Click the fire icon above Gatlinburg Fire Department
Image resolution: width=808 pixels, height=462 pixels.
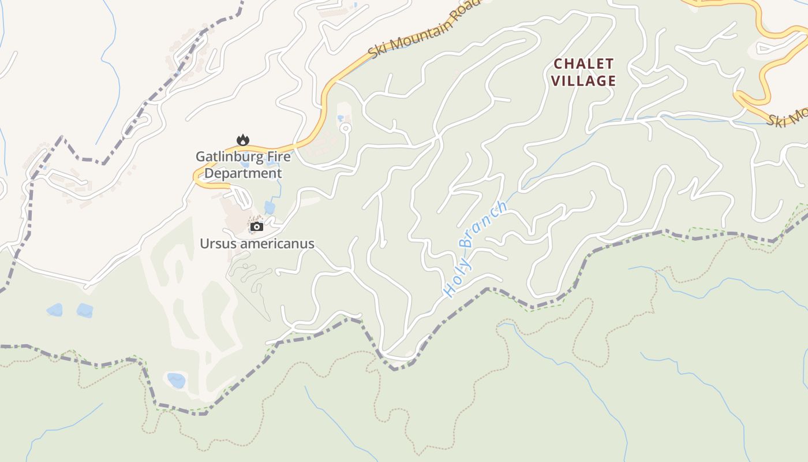(x=243, y=140)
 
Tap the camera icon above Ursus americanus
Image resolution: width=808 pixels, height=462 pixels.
(x=257, y=227)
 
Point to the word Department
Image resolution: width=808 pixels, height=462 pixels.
(x=244, y=173)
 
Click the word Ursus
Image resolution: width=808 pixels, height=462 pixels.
(x=218, y=244)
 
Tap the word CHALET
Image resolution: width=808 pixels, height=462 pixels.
(x=583, y=64)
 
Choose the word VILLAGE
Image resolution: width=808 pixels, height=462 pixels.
(x=583, y=81)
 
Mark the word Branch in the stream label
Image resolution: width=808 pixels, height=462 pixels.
(x=484, y=224)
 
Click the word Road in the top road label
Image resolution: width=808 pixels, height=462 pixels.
(x=465, y=8)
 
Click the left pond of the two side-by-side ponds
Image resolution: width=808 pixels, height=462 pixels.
(x=55, y=310)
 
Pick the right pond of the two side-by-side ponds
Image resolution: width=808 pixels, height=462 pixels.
(x=84, y=310)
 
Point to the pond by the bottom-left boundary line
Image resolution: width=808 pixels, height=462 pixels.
(x=176, y=381)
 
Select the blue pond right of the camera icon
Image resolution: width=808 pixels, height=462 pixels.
(x=270, y=207)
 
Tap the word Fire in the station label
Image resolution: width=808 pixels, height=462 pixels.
(x=278, y=157)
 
